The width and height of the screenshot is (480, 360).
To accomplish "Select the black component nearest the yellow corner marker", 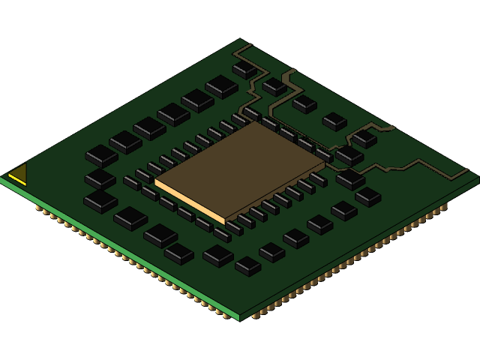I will coord(100,178).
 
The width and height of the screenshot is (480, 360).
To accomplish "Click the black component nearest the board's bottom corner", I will coord(247,265).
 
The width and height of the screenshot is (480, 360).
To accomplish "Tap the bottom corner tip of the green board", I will coord(239,318).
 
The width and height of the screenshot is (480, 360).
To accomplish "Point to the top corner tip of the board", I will coord(241,40).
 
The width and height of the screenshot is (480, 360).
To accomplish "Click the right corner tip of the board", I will coord(477,178).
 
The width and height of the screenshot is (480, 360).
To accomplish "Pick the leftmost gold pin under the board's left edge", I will coord(38,207).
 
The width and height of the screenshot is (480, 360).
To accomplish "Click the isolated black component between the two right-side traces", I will coord(334,121).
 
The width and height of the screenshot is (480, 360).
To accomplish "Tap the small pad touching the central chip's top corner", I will coord(252,114).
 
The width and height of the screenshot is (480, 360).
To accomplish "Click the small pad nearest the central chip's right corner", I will coord(323,154).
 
